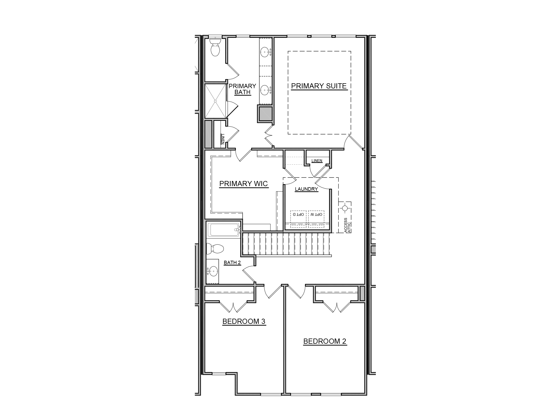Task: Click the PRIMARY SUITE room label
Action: (x=319, y=86)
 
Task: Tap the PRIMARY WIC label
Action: (x=243, y=184)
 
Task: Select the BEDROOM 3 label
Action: (x=244, y=321)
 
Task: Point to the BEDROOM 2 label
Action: (x=325, y=341)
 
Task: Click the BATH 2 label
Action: (x=232, y=263)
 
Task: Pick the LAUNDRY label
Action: (x=306, y=189)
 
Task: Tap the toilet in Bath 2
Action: (x=216, y=248)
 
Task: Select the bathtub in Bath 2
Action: (x=223, y=230)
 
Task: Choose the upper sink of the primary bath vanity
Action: (x=265, y=51)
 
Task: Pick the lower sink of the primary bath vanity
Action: (x=265, y=89)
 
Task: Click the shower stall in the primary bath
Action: (x=215, y=101)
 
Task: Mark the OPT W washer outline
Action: (x=316, y=219)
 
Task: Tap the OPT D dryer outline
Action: (x=298, y=219)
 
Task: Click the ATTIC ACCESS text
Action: (x=347, y=225)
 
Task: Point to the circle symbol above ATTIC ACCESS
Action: (x=345, y=208)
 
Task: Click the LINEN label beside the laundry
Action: (x=317, y=161)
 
